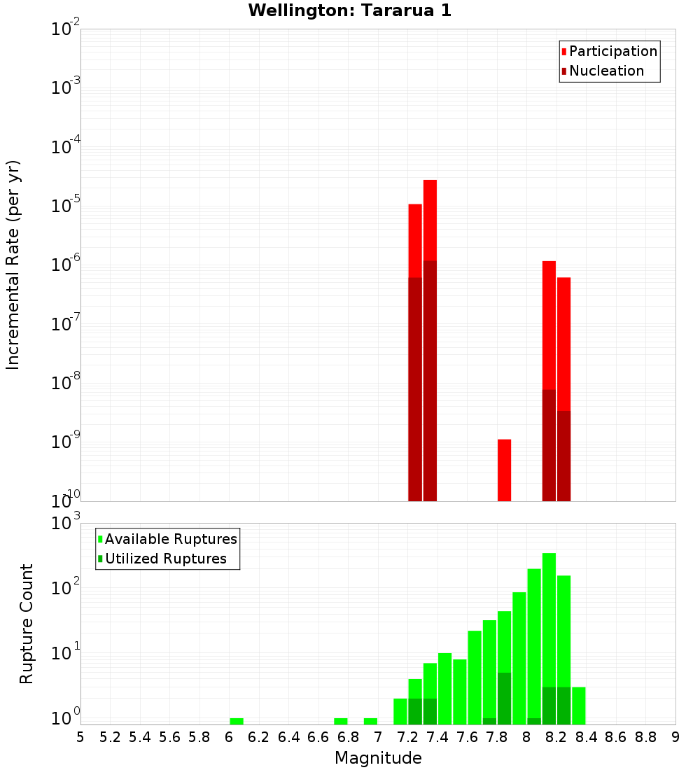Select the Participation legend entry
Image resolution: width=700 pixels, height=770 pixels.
pos(612,52)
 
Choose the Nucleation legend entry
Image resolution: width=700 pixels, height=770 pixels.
pos(606,71)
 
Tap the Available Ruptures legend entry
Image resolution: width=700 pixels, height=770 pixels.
pos(170,540)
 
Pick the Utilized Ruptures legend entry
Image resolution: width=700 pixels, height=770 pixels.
pos(165,559)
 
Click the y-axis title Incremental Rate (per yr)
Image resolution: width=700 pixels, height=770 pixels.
pos(13,265)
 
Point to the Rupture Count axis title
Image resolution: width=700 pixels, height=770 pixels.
pos(27,624)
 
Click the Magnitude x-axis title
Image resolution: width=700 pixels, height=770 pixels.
pos(378,758)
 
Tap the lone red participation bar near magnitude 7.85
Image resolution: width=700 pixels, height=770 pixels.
pos(504,470)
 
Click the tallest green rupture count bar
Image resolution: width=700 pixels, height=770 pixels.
pos(549,630)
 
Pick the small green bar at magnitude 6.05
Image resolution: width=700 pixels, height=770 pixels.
pos(237,721)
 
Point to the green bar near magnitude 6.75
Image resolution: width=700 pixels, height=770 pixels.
pos(341,721)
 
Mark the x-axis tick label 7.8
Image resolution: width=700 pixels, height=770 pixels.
pos(497,737)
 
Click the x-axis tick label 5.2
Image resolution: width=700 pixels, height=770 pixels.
pos(111,737)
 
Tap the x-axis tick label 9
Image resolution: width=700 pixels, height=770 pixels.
pos(675,737)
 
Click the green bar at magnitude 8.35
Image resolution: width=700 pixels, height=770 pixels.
pos(578,706)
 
